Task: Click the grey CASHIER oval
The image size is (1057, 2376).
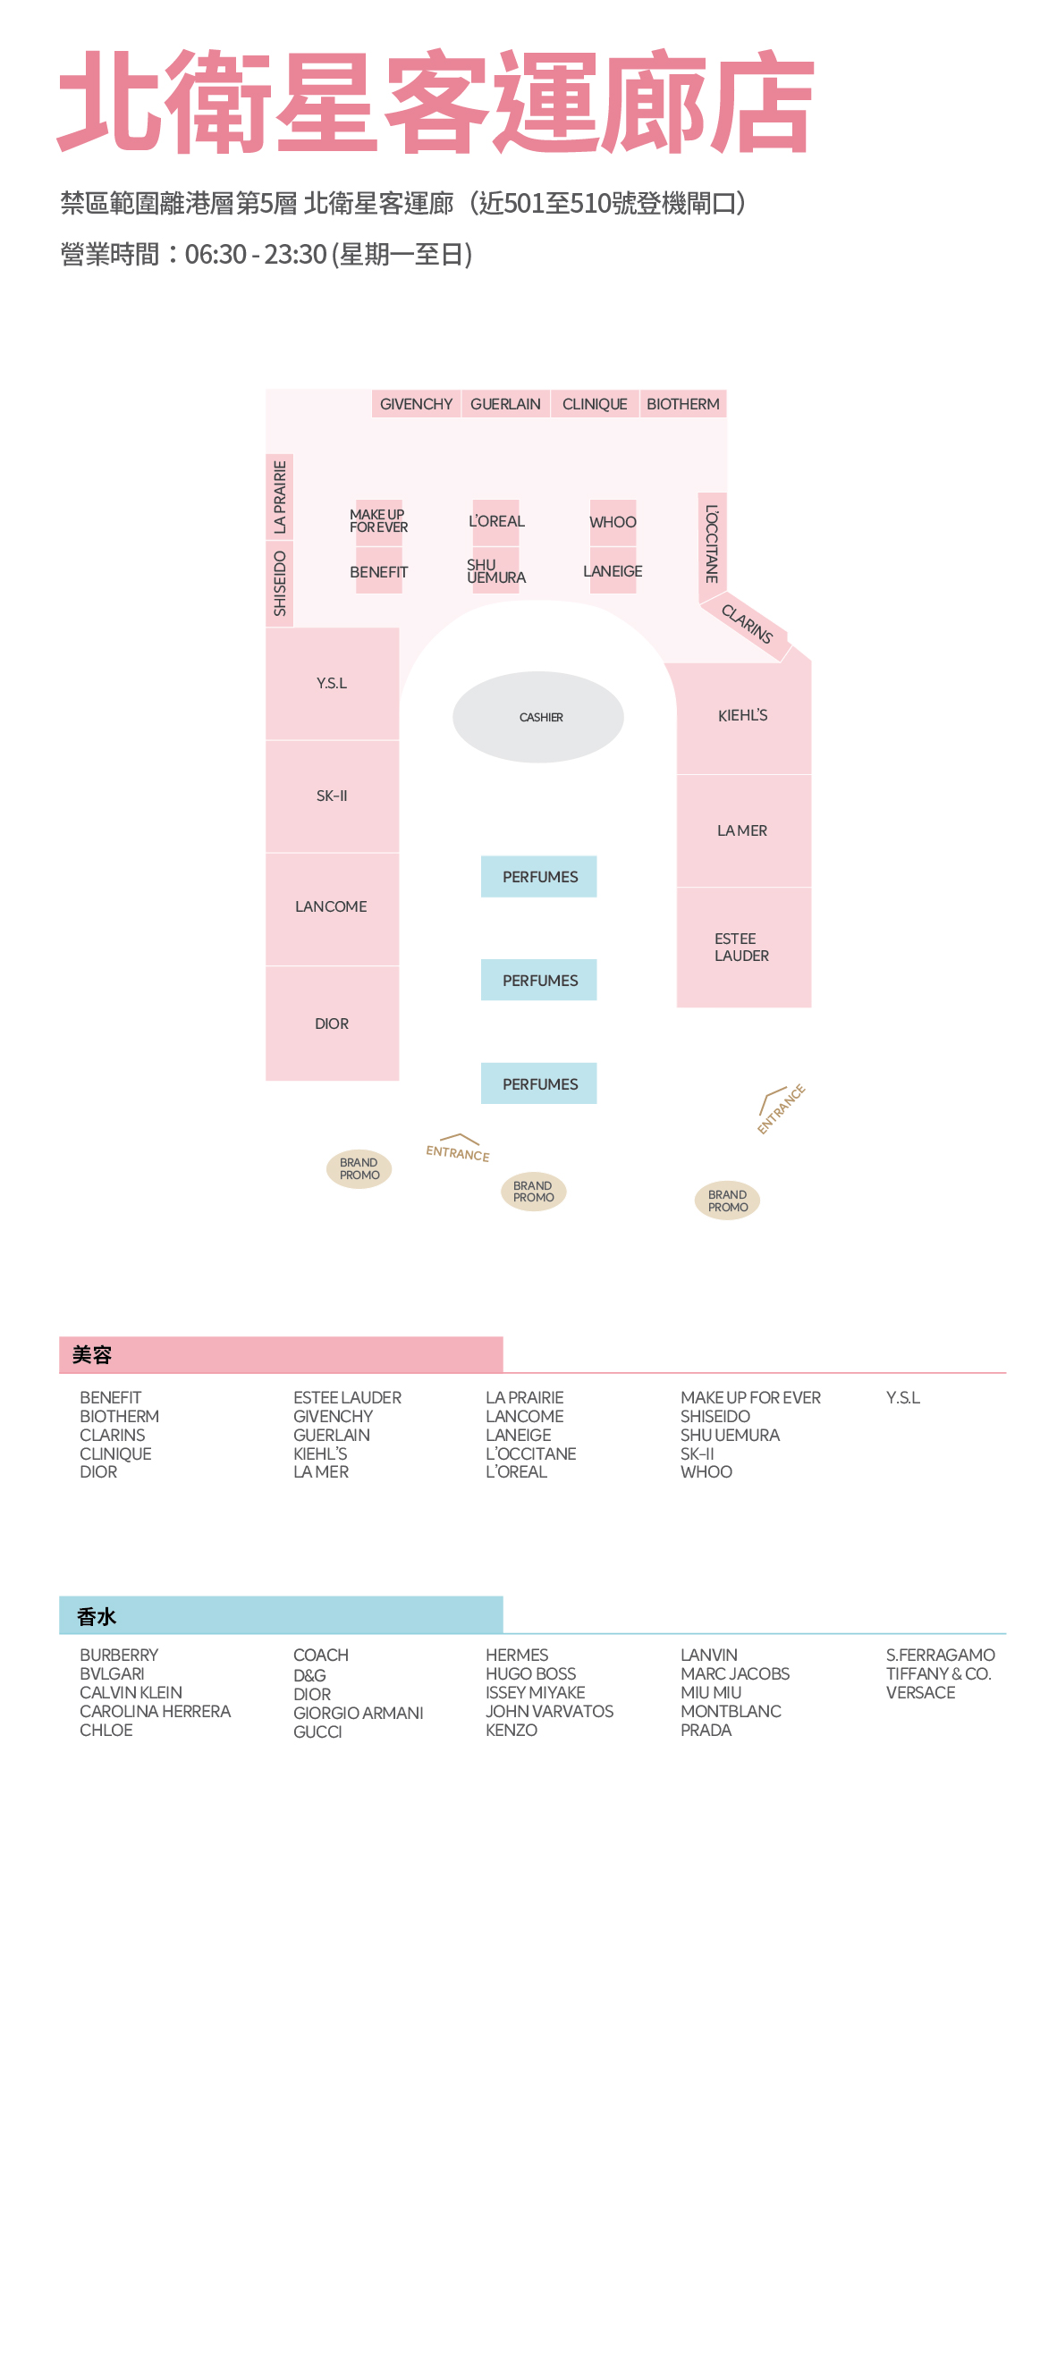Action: pyautogui.click(x=537, y=717)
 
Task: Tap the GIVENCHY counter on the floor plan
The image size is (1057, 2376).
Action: pyautogui.click(x=416, y=404)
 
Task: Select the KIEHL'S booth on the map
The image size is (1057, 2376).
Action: pyautogui.click(x=743, y=717)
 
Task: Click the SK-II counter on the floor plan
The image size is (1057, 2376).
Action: pyautogui.click(x=332, y=796)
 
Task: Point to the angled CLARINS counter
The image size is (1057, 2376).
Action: pyautogui.click(x=746, y=625)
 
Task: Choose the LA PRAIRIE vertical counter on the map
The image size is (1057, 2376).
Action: pyautogui.click(x=280, y=497)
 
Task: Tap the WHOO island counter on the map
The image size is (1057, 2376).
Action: pyautogui.click(x=613, y=522)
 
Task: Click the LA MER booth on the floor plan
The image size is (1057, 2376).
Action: pyautogui.click(x=743, y=831)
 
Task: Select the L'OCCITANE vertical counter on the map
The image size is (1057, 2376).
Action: pyautogui.click(x=712, y=543)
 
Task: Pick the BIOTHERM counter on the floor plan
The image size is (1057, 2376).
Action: pyautogui.click(x=683, y=404)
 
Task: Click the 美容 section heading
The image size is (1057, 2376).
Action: pyautogui.click(x=92, y=1355)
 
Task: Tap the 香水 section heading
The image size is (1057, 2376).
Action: pyautogui.click(x=97, y=1616)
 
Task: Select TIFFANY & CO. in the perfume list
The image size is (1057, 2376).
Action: pyautogui.click(x=938, y=1673)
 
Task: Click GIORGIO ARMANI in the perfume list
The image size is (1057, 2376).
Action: pyautogui.click(x=358, y=1713)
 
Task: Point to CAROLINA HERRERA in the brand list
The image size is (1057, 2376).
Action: pyautogui.click(x=155, y=1711)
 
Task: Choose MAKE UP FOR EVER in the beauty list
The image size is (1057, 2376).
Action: pyautogui.click(x=750, y=1397)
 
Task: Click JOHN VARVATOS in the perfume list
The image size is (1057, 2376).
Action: pyautogui.click(x=549, y=1711)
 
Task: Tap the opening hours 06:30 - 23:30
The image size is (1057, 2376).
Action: pyautogui.click(x=256, y=254)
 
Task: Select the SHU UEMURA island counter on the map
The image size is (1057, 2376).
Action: pyautogui.click(x=495, y=570)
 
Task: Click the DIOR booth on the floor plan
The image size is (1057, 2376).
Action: pyautogui.click(x=332, y=1024)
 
